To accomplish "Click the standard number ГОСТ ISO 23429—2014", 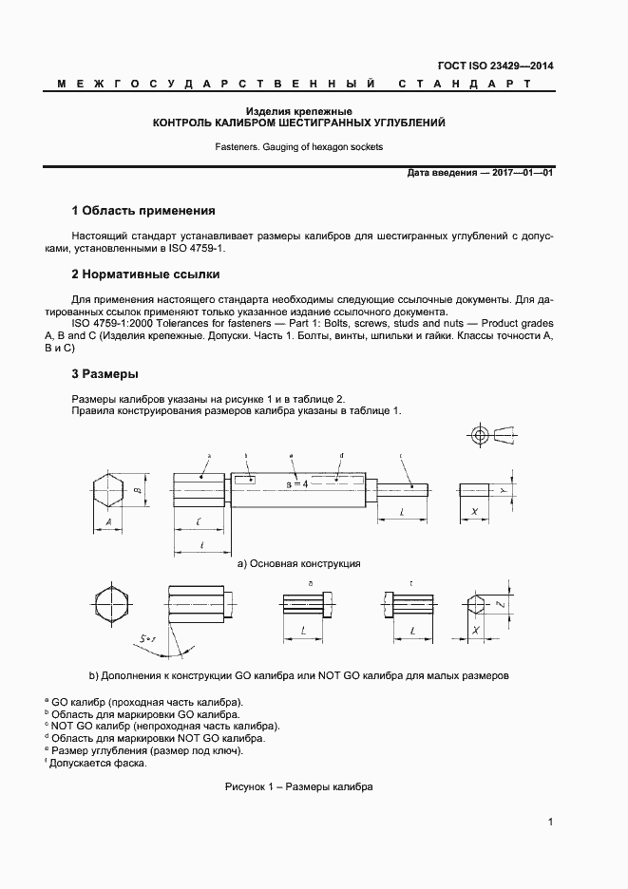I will [507, 66].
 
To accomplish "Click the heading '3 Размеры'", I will [105, 373].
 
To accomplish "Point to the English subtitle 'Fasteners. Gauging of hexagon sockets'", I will [299, 147].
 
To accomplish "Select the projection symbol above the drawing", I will [491, 436].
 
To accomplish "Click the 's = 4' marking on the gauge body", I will [298, 483].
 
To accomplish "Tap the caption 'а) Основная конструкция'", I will [298, 563].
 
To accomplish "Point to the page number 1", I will [551, 823].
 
